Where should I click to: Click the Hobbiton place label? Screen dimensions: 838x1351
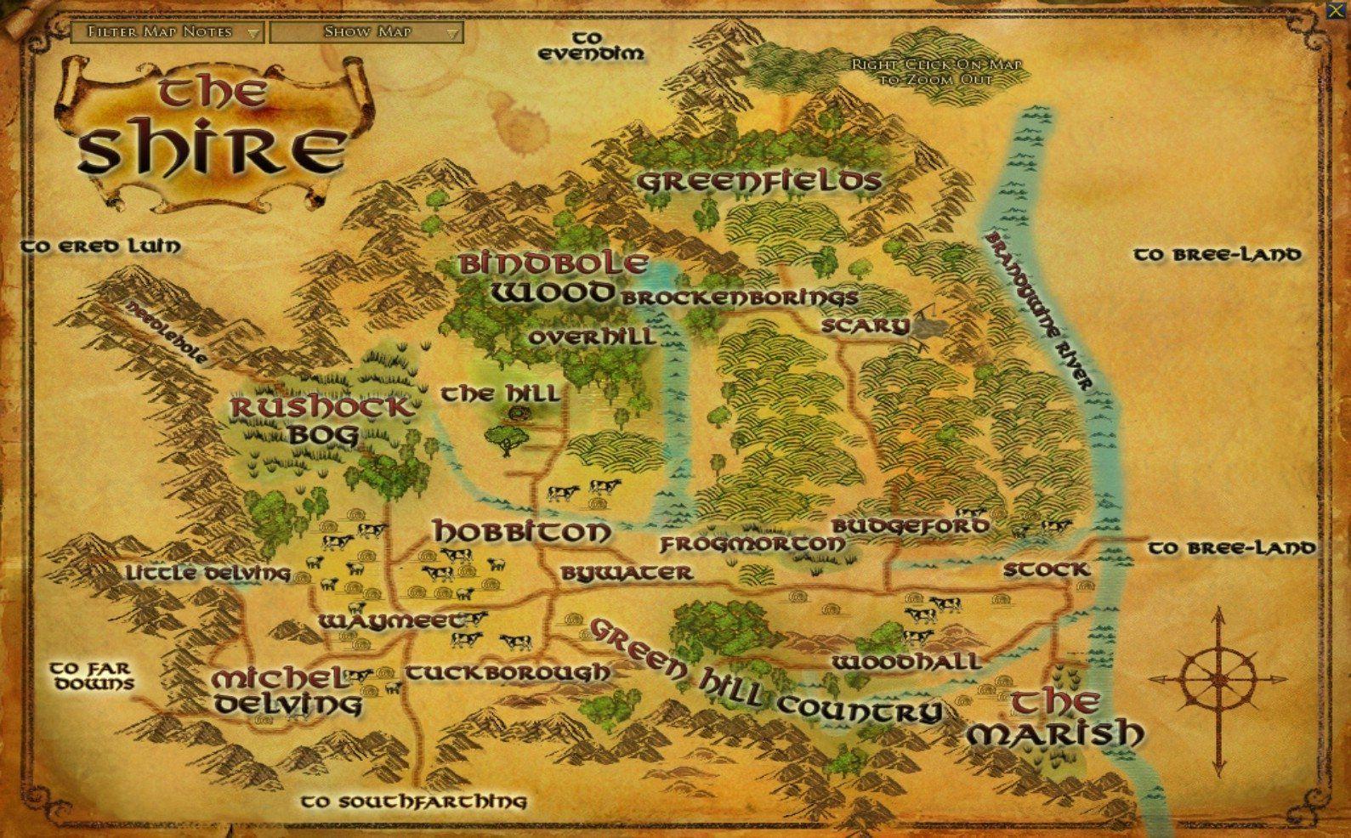coord(522,533)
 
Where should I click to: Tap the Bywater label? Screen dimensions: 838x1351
coord(627,574)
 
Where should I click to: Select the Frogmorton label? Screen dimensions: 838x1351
coord(753,544)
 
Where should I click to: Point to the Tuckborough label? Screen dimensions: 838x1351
coord(508,673)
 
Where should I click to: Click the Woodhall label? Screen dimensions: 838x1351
coord(906,661)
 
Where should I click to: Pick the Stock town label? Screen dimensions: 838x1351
coord(1046,569)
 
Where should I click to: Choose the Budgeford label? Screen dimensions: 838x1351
coord(911,526)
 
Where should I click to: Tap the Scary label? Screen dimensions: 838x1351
coord(866,326)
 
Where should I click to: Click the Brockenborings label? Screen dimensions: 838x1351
coord(739,298)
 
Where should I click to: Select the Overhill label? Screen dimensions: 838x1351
coord(591,337)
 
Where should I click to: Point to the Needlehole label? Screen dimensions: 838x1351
coord(167,331)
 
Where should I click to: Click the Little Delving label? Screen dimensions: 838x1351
coord(208,573)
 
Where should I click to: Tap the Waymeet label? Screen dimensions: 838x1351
coord(394,621)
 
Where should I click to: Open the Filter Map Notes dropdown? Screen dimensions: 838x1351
coord(167,32)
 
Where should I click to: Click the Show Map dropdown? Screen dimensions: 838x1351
coord(366,32)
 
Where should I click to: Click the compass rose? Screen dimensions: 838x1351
coord(1218,679)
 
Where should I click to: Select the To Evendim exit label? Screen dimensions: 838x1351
coord(592,46)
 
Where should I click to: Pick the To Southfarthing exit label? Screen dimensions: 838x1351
coord(414,801)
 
